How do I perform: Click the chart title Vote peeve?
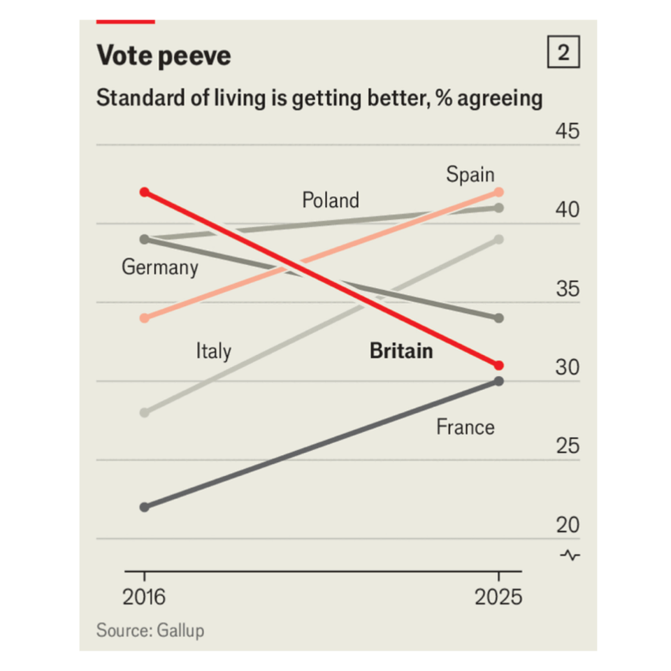pos(164,55)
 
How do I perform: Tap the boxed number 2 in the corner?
pos(563,53)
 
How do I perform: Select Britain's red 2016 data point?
pos(145,192)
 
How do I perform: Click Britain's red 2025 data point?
pos(498,366)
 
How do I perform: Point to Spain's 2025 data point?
pos(498,192)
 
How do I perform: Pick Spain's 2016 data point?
pos(145,318)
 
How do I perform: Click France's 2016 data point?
pos(145,507)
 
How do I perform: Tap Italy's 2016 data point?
pos(145,412)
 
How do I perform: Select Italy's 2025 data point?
pos(498,240)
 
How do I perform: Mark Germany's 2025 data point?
pos(498,318)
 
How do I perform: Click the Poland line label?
pos(331,201)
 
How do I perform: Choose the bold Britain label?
pos(401,351)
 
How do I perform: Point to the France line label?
pos(466,427)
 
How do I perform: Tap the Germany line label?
pos(160,268)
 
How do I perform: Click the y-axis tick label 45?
pos(567,132)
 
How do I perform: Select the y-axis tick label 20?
pos(567,526)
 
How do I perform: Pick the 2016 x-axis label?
pos(145,598)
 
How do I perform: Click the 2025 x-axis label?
pos(498,598)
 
